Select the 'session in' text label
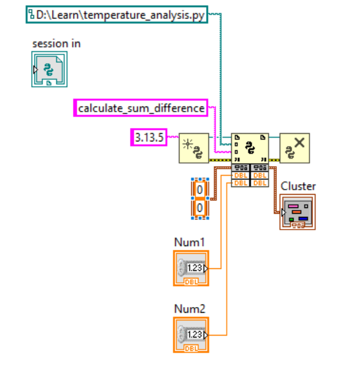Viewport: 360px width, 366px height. (x=56, y=44)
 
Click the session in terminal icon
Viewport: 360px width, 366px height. (x=49, y=69)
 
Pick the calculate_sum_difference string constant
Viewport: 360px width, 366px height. (x=141, y=108)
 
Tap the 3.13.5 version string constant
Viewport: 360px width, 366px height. (x=148, y=137)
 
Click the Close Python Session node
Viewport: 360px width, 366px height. (x=295, y=148)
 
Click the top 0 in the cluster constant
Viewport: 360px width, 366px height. (x=200, y=190)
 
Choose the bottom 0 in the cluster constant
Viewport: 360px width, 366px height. (x=200, y=207)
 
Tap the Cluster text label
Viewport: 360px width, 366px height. (x=298, y=186)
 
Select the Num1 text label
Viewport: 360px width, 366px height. (x=189, y=242)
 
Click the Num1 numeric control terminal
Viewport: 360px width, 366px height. (x=191, y=267)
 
